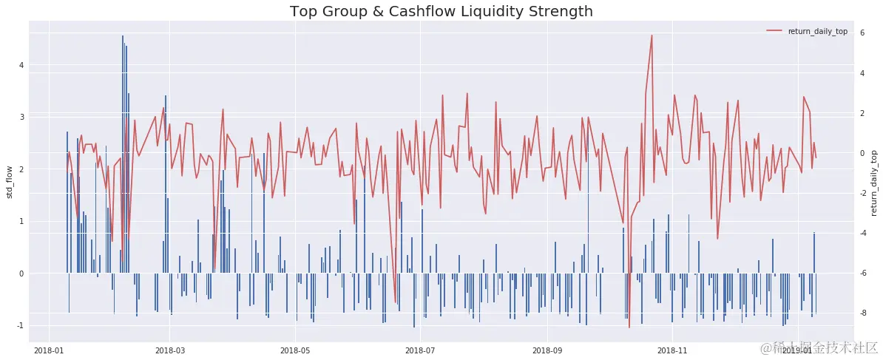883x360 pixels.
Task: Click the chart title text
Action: pos(441,11)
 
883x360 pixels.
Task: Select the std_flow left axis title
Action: pos(10,182)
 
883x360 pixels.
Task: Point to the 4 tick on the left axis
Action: pos(22,65)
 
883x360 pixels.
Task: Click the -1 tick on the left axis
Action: pos(21,326)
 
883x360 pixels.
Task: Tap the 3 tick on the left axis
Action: pos(22,118)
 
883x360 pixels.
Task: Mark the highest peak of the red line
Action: pos(652,35)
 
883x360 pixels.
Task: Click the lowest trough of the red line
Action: pos(629,327)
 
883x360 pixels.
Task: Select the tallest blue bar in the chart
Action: pos(123,154)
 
